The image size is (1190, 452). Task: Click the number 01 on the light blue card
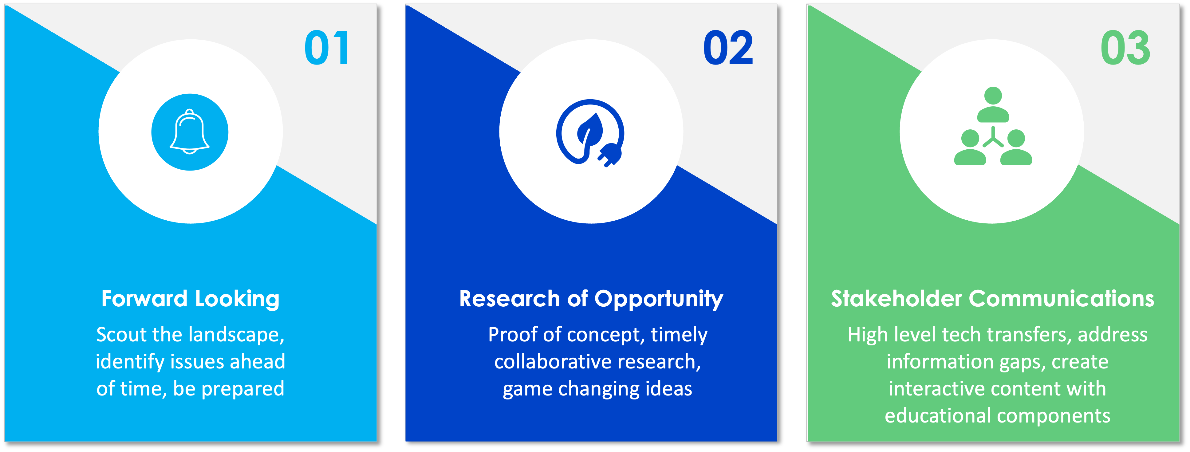coord(327,48)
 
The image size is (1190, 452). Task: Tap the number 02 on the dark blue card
coord(728,48)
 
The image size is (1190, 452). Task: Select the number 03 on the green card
coord(1125,48)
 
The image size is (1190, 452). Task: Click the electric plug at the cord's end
coord(610,155)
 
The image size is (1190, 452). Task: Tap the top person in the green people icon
coord(993,104)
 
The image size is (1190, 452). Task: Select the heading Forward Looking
coord(190,299)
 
